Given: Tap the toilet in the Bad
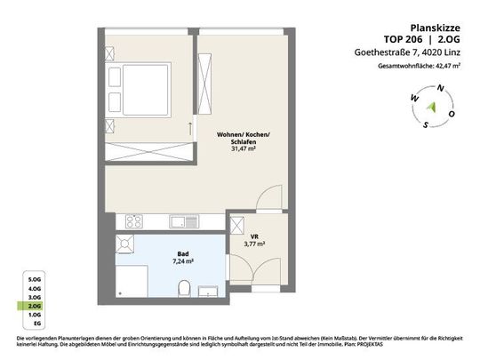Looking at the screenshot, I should coord(183,287).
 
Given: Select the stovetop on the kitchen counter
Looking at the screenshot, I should coord(133,220).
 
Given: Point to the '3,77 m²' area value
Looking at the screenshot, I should coord(255,243).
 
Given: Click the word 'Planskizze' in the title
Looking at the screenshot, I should coord(437,28).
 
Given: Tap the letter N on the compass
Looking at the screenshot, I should coord(436,88).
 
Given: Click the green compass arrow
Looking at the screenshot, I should coord(432,106).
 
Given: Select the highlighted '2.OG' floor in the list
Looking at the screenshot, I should coord(35,306).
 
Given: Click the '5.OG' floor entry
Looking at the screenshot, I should coord(35,279).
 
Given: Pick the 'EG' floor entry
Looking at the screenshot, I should coord(35,324).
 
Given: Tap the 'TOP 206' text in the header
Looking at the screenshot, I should coord(403,40).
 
